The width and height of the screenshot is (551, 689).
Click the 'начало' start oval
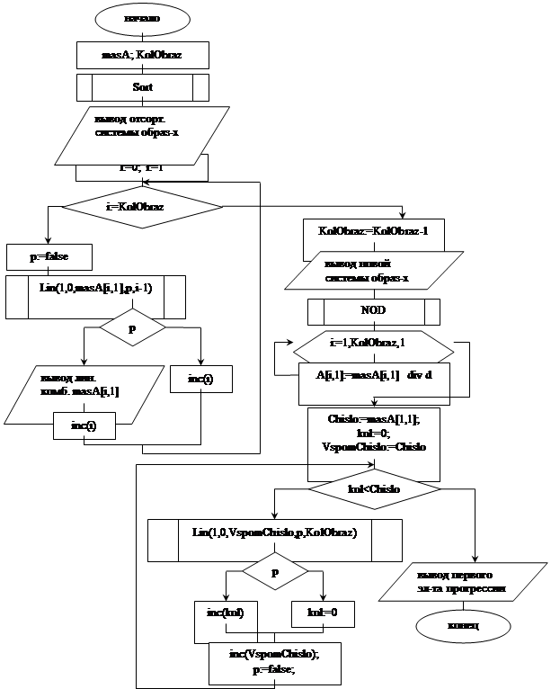144,18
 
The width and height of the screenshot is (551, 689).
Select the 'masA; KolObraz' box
144,56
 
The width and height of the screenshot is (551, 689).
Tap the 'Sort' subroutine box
144,87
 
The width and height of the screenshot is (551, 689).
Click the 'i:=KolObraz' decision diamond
144,206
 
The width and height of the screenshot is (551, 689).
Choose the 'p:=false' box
49,256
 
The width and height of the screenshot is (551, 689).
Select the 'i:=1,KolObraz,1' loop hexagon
373,343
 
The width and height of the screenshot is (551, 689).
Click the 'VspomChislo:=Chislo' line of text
372,446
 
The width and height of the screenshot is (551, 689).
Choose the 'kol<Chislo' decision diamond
373,488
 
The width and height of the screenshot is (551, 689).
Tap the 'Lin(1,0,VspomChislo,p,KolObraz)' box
275,532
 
